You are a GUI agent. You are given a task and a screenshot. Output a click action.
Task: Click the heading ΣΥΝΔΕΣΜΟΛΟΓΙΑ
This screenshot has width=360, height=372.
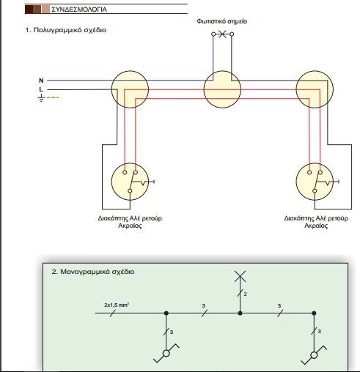(79, 10)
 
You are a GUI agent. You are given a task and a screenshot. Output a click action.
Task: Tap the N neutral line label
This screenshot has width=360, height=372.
(41, 81)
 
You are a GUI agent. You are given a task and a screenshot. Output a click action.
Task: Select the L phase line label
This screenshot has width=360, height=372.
(41, 89)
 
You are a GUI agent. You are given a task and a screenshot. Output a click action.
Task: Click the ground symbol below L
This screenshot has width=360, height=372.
(41, 97)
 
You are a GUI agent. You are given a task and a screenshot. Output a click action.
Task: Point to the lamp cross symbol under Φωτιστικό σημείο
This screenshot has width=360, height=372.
(222, 34)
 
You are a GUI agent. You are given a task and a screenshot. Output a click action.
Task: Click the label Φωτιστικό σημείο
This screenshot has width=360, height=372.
(221, 21)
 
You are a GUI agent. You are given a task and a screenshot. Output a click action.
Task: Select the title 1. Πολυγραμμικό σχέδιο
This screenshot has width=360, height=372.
(65, 30)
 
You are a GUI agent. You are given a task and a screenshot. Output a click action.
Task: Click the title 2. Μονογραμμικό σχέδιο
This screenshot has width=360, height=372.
(93, 272)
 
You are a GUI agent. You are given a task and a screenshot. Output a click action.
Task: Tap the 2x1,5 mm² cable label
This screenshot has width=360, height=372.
(117, 305)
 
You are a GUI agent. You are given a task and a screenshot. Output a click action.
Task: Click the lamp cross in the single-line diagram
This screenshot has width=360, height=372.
(240, 276)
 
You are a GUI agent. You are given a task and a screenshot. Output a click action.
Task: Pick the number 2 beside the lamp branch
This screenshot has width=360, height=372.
(246, 294)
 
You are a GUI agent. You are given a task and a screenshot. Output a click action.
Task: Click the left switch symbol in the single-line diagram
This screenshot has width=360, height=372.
(166, 353)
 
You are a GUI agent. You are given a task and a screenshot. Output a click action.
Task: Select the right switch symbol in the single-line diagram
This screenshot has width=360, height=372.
(314, 355)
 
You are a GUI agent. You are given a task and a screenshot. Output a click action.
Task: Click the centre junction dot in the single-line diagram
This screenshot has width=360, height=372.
(240, 313)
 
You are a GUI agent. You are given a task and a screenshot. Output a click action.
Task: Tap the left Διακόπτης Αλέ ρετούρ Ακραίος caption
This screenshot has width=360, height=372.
(130, 222)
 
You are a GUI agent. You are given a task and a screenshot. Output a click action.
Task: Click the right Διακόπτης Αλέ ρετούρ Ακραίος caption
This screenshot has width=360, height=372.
(316, 222)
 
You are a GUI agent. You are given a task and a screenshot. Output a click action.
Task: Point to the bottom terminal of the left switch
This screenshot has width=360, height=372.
(130, 191)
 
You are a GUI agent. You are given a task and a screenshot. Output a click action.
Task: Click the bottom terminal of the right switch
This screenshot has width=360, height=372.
(315, 191)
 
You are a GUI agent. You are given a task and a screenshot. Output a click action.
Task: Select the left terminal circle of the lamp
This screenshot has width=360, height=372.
(213, 34)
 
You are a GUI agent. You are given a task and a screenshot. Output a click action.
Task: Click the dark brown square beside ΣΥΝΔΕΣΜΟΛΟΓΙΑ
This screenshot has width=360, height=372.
(29, 10)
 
